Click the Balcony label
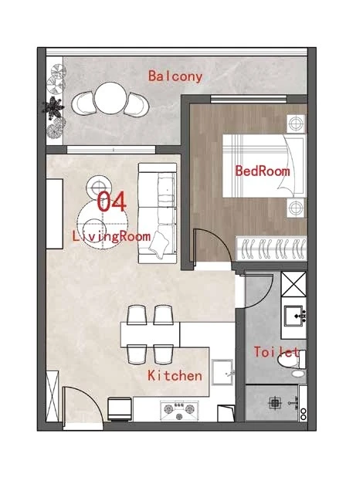click(175, 76)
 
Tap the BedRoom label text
click(263, 171)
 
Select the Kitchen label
click(175, 375)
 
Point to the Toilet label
click(276, 352)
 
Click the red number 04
click(111, 201)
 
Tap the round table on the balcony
click(110, 98)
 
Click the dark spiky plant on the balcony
click(53, 107)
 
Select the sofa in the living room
click(158, 213)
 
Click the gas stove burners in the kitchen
click(179, 411)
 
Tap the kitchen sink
click(222, 372)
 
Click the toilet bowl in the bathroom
click(292, 360)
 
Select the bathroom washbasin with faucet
click(294, 316)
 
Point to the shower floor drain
click(273, 402)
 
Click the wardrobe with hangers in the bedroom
click(271, 249)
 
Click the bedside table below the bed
click(296, 208)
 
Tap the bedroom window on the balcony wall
click(249, 99)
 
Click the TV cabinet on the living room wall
click(54, 214)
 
